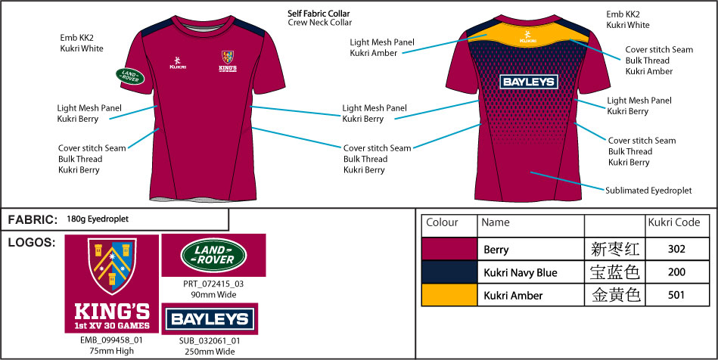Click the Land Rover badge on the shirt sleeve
[130, 76]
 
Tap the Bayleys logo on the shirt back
[528, 82]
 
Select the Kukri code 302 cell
[677, 249]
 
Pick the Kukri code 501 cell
[677, 295]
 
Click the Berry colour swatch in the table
[449, 249]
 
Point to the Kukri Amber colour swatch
[449, 295]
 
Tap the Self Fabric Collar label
[319, 14]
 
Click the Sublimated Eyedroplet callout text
[648, 191]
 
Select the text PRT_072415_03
[213, 284]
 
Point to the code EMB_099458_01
[112, 340]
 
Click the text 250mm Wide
[210, 352]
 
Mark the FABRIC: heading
[33, 220]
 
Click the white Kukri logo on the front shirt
[178, 63]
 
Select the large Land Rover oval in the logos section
[214, 255]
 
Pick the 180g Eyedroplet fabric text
[98, 219]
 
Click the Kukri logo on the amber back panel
[528, 36]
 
